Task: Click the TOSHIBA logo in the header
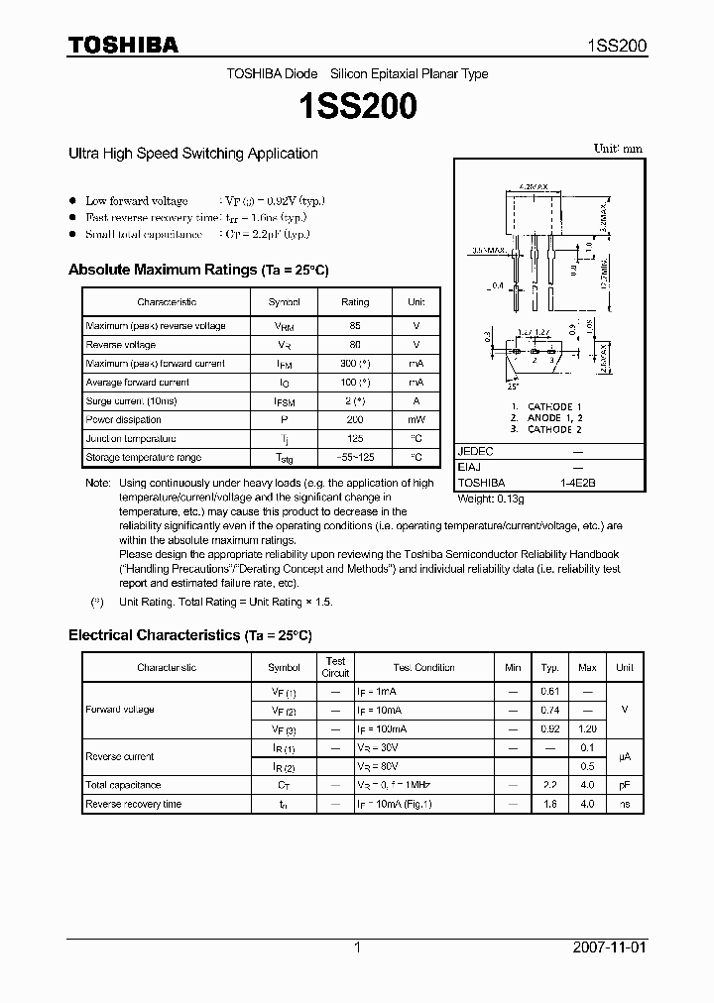(x=123, y=45)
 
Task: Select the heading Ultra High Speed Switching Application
(x=193, y=154)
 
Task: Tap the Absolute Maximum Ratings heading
(x=197, y=270)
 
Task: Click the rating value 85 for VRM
(x=355, y=326)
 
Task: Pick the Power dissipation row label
(x=117, y=420)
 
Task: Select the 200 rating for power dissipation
(x=355, y=420)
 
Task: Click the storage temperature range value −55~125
(x=355, y=458)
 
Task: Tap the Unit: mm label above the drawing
(x=618, y=149)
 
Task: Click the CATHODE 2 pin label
(x=554, y=429)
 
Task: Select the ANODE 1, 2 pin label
(x=554, y=418)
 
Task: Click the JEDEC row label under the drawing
(x=475, y=450)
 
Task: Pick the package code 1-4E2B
(x=578, y=483)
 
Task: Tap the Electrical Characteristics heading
(x=189, y=634)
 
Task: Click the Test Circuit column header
(x=336, y=667)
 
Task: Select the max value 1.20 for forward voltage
(x=587, y=728)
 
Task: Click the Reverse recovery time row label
(x=134, y=804)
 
